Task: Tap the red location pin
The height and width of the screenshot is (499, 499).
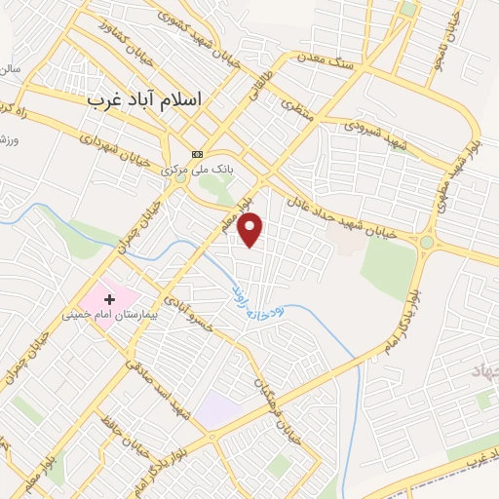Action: click(251, 229)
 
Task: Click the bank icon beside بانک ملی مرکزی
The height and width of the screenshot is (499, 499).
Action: click(198, 154)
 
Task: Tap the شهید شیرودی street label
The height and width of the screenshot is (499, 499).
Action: click(370, 128)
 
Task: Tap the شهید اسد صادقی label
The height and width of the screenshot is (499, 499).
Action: click(151, 371)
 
